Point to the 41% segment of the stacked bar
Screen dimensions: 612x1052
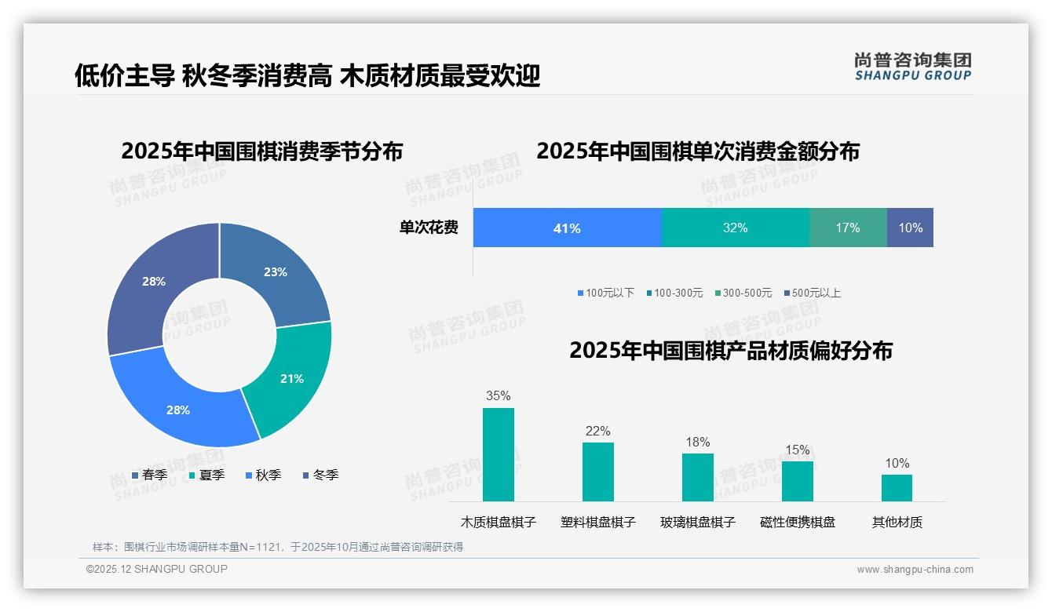coord(567,228)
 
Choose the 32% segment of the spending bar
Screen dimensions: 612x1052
coord(735,228)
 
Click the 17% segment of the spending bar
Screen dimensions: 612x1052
coord(848,228)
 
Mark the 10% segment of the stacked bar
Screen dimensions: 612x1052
coord(911,228)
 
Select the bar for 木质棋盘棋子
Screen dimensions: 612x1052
coord(499,454)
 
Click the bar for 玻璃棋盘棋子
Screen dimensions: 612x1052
coord(697,477)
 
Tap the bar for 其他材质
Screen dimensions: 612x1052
coord(897,487)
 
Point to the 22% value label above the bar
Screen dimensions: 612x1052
coord(597,431)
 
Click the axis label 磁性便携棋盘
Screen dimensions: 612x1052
coord(797,522)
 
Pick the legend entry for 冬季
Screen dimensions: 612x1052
coord(320,475)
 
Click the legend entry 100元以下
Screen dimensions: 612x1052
coord(605,293)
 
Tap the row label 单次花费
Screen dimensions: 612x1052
coord(429,228)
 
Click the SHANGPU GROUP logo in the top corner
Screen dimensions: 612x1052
coord(912,66)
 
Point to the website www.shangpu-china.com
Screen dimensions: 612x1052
coord(915,570)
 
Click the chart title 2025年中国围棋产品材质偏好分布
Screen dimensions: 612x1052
coord(730,351)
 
